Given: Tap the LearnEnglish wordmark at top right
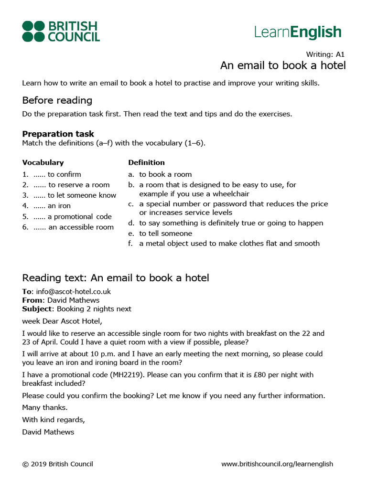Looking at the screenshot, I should click(x=298, y=32).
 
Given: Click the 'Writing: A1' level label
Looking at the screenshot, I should click(x=325, y=54).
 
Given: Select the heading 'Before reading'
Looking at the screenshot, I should click(x=57, y=100).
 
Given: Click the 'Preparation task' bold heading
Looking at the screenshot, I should click(x=58, y=134).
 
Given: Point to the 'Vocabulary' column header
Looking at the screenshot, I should click(x=43, y=162).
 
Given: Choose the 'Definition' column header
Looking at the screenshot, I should click(x=146, y=162).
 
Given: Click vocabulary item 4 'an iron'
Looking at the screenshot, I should click(x=52, y=206).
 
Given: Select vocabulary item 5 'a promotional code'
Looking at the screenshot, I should click(x=73, y=216).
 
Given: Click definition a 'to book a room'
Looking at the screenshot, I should click(x=165, y=174).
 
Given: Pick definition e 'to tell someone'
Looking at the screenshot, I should click(x=165, y=234).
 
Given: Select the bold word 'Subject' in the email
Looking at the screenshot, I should click(x=36, y=308).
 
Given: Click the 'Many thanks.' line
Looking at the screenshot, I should click(x=45, y=407).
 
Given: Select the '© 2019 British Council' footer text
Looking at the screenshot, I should click(x=57, y=464).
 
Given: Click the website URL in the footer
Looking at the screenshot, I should click(x=277, y=464).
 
